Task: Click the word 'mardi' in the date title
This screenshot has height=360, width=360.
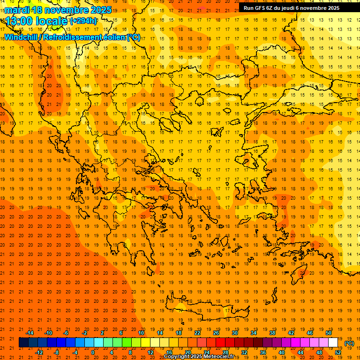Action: pyautogui.click(x=16, y=10)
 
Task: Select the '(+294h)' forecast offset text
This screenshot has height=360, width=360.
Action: pyautogui.click(x=83, y=21)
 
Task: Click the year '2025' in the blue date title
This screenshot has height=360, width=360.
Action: pyautogui.click(x=99, y=10)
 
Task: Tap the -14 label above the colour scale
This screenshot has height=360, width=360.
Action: pyautogui.click(x=30, y=333)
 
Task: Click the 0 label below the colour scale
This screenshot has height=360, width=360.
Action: pyautogui.click(x=93, y=352)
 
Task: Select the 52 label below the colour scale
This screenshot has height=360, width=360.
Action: pyautogui.click(x=338, y=352)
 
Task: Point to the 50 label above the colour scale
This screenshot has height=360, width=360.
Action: pyautogui.click(x=329, y=333)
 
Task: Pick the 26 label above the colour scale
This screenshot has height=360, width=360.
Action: pyautogui.click(x=216, y=333)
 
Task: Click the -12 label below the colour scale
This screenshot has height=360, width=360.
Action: pyautogui.click(x=39, y=352)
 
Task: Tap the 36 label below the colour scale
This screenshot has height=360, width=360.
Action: pyautogui.click(x=263, y=352)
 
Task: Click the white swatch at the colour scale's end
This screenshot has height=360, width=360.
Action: pyautogui.click(x=333, y=343)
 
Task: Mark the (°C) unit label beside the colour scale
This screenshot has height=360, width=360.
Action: pyautogui.click(x=349, y=343)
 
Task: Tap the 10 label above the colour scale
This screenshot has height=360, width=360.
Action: pyautogui.click(x=141, y=333)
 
